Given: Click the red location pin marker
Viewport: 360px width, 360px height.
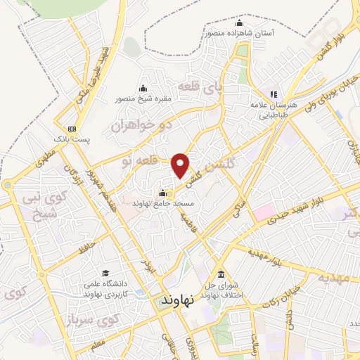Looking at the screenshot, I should click(x=181, y=165).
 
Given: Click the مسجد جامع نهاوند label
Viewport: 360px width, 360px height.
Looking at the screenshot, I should click(x=163, y=203).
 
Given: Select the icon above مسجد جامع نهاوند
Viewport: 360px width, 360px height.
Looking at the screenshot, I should click(x=163, y=193).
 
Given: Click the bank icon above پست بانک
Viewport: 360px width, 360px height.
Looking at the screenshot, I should click(x=72, y=129).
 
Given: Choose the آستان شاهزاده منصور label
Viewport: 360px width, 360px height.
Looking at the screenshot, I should click(x=240, y=32).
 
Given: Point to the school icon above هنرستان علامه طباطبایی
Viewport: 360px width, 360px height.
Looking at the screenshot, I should click(x=274, y=94).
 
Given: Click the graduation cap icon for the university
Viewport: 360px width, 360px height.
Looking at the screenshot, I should click(x=105, y=273).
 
